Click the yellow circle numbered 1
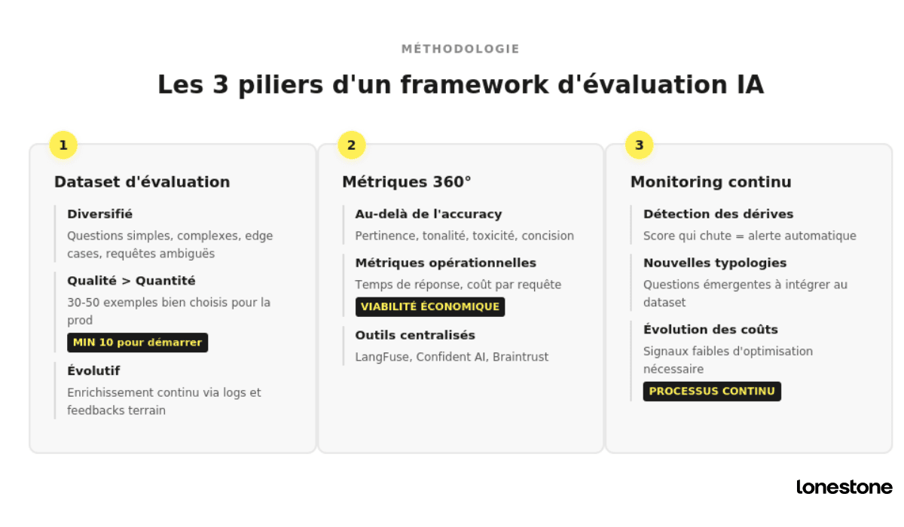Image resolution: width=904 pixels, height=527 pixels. tap(63, 145)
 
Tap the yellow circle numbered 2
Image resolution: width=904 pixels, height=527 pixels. tap(351, 145)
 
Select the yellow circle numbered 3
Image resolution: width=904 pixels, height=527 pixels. tap(639, 145)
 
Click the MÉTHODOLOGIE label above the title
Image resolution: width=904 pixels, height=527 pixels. tap(460, 49)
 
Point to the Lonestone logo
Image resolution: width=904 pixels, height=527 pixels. tap(844, 487)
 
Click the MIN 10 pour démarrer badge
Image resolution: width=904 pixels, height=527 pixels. tap(138, 343)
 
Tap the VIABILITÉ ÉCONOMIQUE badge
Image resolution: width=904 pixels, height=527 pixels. tap(430, 306)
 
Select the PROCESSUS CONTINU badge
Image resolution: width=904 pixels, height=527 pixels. tap(712, 391)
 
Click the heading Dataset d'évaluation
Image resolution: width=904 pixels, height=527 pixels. tap(142, 182)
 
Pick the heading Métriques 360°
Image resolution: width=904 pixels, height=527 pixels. tap(407, 182)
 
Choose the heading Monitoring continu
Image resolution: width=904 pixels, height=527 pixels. tap(710, 182)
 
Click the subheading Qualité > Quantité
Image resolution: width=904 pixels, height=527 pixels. tap(131, 281)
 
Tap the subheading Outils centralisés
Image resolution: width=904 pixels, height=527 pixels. tap(415, 335)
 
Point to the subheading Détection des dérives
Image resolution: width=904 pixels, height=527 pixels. tap(718, 215)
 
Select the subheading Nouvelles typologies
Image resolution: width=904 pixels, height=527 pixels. tap(715, 263)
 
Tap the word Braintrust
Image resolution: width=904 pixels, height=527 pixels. tap(521, 357)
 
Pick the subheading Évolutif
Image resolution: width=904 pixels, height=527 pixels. tap(93, 371)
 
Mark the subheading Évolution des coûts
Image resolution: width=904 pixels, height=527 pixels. tap(710, 330)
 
